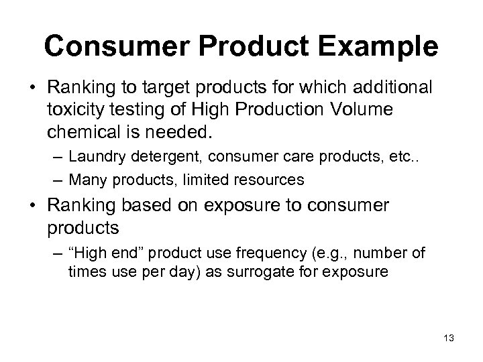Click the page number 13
click(x=449, y=339)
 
